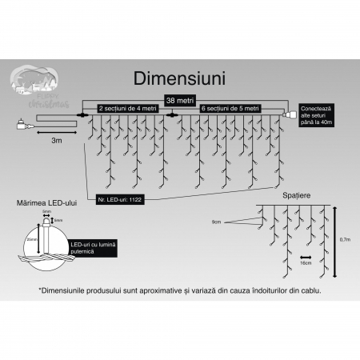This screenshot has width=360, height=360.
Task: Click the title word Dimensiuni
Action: (x=180, y=80)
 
